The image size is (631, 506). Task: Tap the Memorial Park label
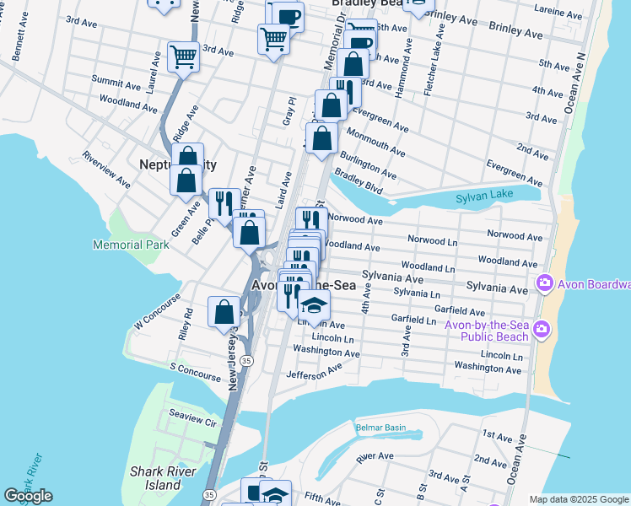pos(131,245)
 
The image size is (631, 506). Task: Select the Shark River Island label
pos(155,478)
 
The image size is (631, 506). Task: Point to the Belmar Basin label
pos(384,428)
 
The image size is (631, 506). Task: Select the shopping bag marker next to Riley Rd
pos(224,312)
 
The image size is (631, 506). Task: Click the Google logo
pos(29,496)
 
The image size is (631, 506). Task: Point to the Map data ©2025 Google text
pos(578,499)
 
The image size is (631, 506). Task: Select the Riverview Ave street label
pos(106,170)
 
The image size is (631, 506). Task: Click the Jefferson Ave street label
pos(314,371)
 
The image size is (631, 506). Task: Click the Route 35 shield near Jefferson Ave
pos(245,360)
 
